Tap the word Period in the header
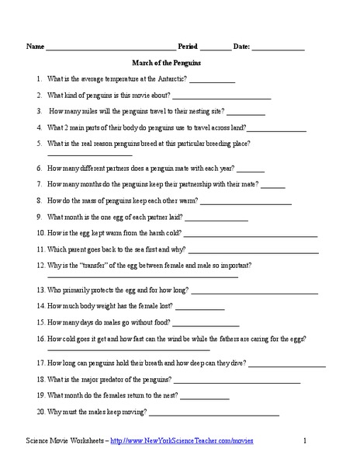[x=190, y=47]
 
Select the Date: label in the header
[x=238, y=47]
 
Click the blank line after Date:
[x=278, y=49]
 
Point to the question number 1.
[x=39, y=79]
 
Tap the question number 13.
[x=40, y=290]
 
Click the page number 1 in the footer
[x=305, y=440]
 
